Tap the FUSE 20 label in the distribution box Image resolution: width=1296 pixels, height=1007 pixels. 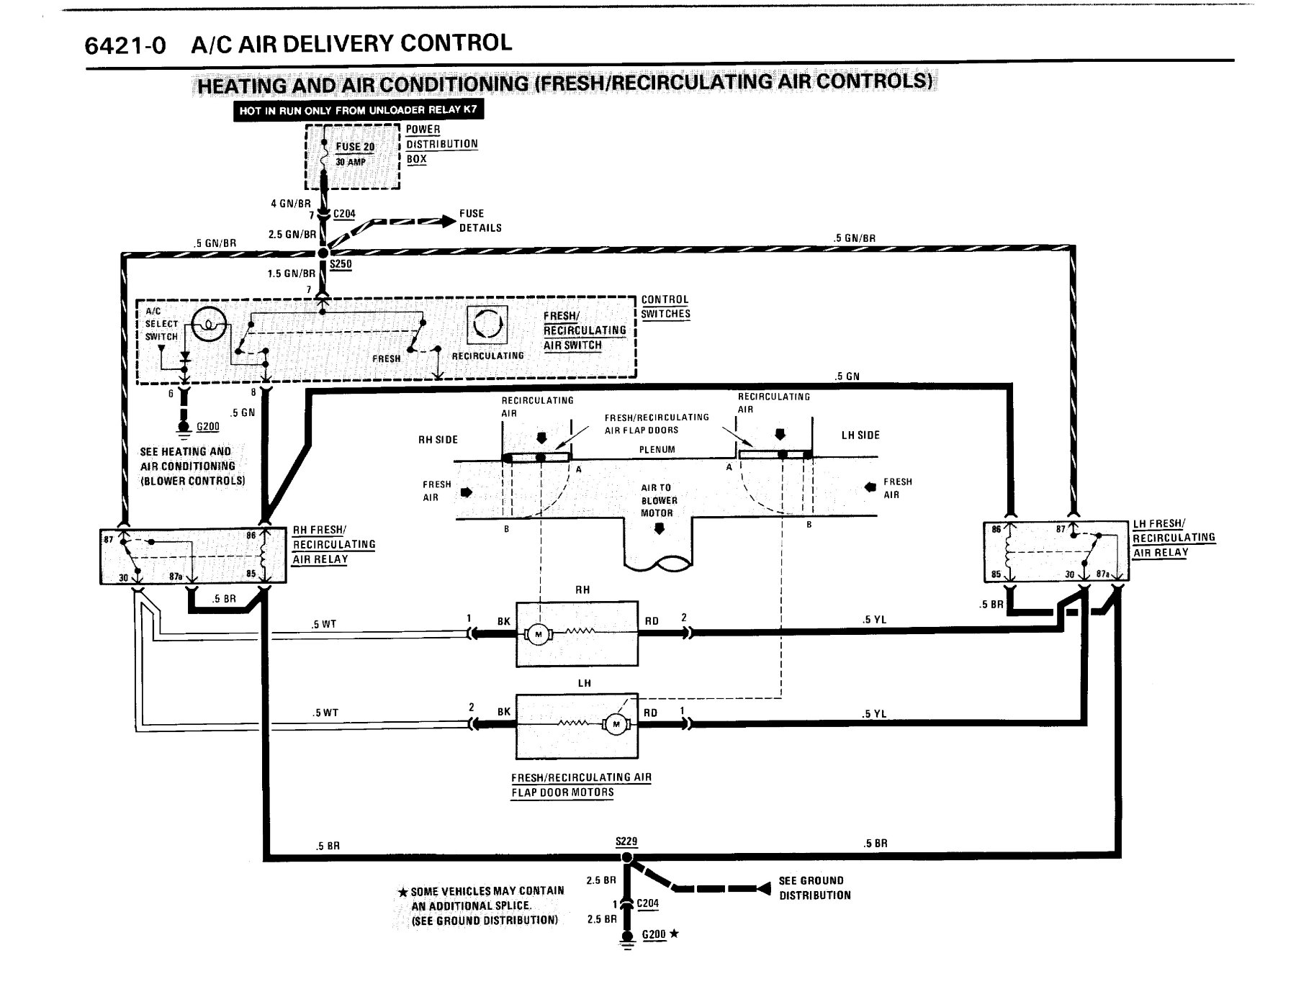[x=355, y=147]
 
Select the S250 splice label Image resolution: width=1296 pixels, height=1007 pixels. [x=341, y=264]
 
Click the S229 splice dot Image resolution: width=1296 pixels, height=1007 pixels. [x=627, y=857]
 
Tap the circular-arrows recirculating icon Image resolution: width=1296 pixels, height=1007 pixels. [x=487, y=325]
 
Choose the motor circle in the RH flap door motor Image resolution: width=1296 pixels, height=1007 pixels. [x=538, y=634]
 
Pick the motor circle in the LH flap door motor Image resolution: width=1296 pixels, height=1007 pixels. [x=616, y=725]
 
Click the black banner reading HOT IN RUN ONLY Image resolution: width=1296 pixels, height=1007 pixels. [x=358, y=111]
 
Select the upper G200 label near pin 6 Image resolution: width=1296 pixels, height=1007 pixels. [x=207, y=427]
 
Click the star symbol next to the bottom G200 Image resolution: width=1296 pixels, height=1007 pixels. [x=674, y=934]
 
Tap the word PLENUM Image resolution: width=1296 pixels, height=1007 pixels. [x=657, y=450]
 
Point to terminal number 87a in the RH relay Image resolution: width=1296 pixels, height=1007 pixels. [x=175, y=577]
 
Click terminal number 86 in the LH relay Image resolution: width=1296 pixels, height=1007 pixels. [x=996, y=529]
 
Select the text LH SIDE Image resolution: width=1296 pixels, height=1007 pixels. [x=860, y=435]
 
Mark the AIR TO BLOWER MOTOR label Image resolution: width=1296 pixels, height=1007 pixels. [x=657, y=500]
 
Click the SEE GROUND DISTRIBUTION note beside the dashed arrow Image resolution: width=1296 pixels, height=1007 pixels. [x=814, y=888]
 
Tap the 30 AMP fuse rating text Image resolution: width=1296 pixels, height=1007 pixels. [x=351, y=162]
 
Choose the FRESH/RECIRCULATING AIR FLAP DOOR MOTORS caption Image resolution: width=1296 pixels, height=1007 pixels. [x=581, y=785]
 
